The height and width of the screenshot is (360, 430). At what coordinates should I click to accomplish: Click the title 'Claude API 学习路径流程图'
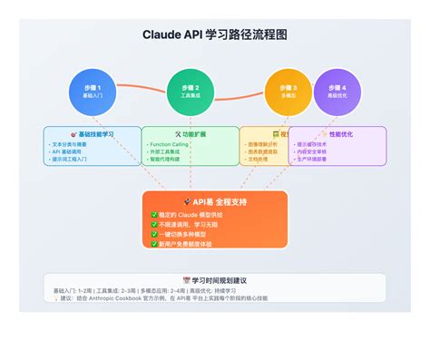pos(214,35)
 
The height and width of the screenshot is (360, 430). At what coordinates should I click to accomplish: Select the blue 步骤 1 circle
pos(93,92)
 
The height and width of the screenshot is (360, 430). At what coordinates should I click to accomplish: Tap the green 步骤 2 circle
pos(190,92)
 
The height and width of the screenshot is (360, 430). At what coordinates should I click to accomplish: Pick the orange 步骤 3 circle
pos(288,92)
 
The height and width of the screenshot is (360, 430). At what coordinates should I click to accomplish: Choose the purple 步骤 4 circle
pos(337,92)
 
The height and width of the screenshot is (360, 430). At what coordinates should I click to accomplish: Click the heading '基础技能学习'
pos(94,134)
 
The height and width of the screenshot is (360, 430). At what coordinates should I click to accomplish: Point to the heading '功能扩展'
pos(192,134)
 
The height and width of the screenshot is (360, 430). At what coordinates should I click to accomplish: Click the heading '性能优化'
pos(340,134)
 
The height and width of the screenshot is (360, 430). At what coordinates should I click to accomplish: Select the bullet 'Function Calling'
pos(171,143)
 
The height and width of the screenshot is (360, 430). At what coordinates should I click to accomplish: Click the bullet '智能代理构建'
pos(168,160)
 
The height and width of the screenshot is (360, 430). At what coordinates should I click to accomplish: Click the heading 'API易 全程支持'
pos(218,201)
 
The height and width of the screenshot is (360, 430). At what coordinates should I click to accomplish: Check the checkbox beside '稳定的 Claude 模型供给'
pos(154,215)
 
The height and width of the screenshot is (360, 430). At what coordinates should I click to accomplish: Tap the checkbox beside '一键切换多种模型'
pos(154,234)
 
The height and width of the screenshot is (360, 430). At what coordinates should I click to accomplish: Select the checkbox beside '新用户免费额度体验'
pos(154,244)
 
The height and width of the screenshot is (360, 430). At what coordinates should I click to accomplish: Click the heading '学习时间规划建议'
pos(218,281)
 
